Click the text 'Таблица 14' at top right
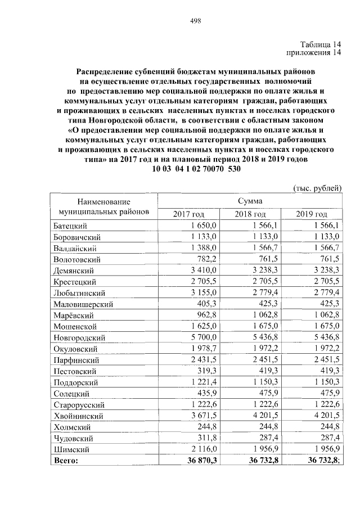click(x=321, y=44)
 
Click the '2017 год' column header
click(x=189, y=214)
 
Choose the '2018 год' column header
click(x=250, y=214)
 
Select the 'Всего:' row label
click(x=66, y=461)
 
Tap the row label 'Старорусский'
click(x=79, y=405)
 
